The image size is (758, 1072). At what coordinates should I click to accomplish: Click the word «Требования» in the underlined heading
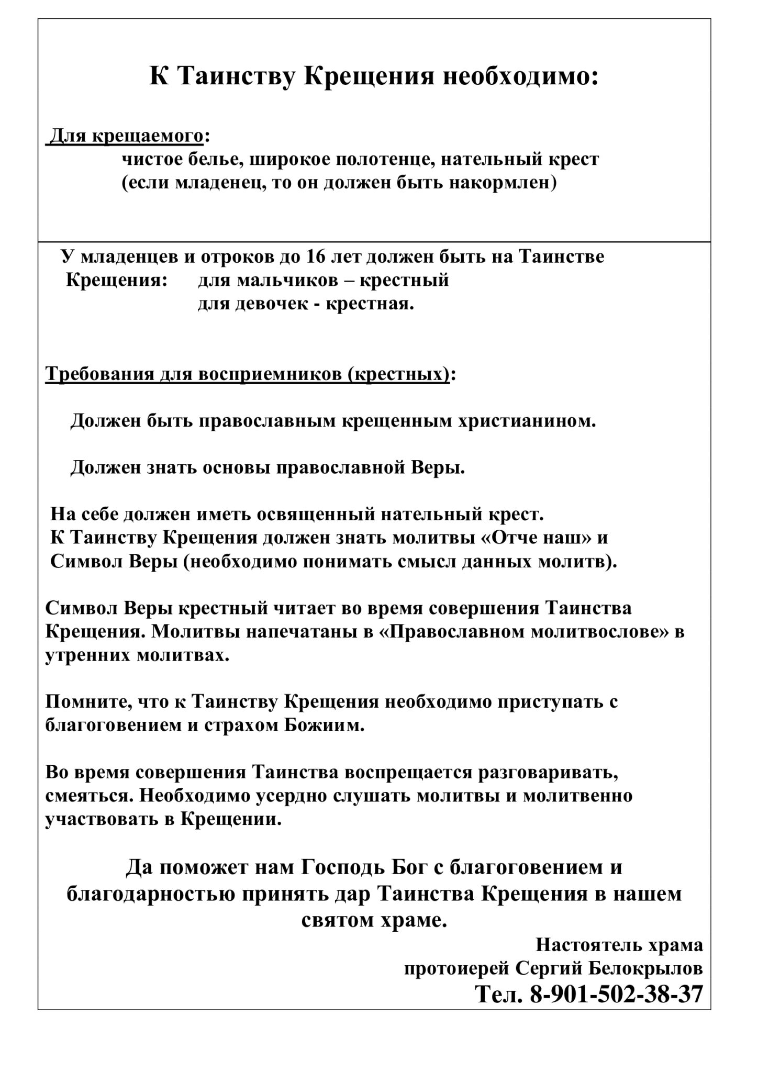click(93, 375)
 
